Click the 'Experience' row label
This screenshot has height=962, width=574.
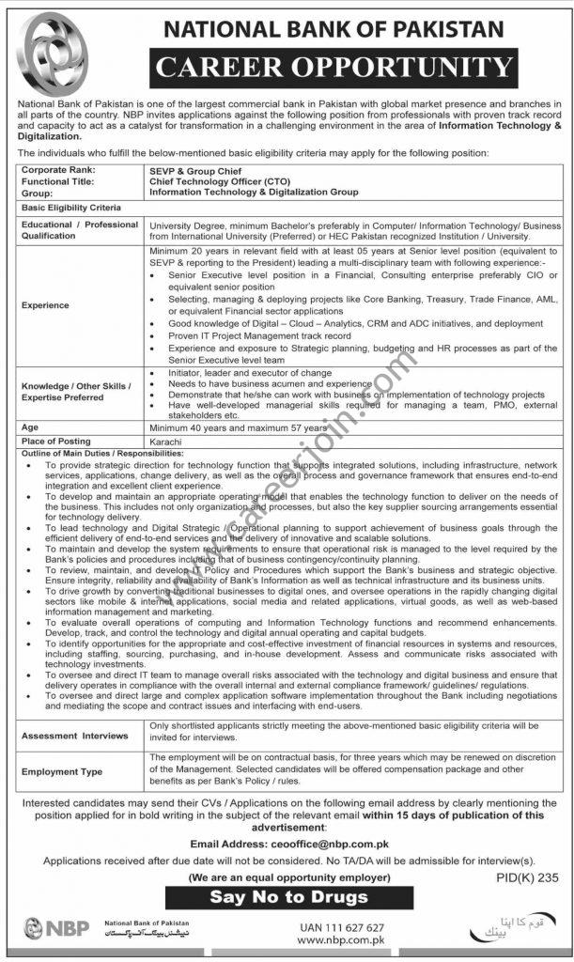click(46, 304)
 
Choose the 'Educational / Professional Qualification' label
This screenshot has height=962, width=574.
click(80, 230)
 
